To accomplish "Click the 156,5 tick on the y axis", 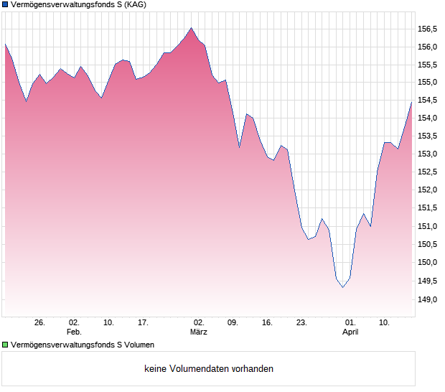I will coord(428,29).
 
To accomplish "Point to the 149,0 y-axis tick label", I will coord(428,299).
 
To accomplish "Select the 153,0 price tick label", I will coord(428,154).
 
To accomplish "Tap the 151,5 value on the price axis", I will coord(428,208).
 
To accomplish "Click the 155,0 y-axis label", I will coord(428,83).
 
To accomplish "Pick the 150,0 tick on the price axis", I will coord(428,263).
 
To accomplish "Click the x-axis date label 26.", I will coord(39,323).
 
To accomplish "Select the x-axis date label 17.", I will coord(143,323).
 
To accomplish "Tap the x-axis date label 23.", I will coord(301,323).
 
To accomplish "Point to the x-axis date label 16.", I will coord(267,323).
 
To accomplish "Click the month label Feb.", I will coord(74,332).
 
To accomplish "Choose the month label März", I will coord(199,332).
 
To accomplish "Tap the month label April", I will coord(350,332).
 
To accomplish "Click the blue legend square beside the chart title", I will coord(5,5).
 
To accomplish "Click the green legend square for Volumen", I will coord(5,345).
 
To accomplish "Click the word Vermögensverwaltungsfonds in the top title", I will coord(61,5).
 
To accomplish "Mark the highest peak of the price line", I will coord(191,28).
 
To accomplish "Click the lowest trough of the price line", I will coord(342,287).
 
